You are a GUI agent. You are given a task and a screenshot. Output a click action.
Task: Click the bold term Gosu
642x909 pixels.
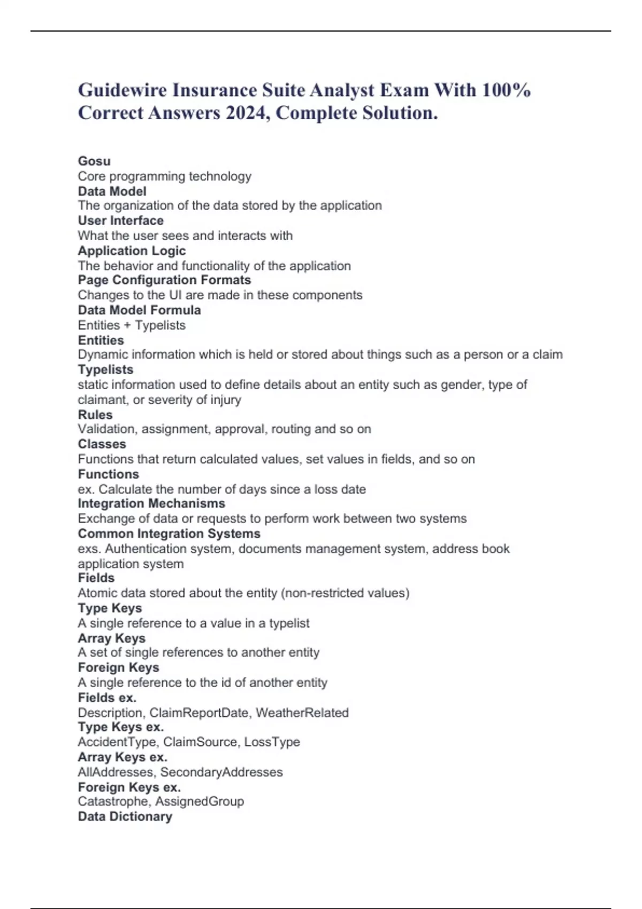[94, 161]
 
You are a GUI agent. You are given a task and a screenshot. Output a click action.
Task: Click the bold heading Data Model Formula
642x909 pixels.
[139, 310]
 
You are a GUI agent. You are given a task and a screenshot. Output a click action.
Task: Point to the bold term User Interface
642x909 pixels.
[120, 220]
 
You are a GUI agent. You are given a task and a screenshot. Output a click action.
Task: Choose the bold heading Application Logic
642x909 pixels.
[132, 251]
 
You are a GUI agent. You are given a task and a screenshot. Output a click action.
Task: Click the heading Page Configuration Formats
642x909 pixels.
[164, 280]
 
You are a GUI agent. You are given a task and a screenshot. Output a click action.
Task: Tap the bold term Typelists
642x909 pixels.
[105, 369]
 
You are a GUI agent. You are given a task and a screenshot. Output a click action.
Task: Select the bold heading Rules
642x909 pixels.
[95, 414]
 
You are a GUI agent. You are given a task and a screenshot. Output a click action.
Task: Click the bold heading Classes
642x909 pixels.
[102, 444]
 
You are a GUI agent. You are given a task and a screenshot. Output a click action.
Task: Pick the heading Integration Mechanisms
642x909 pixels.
[151, 503]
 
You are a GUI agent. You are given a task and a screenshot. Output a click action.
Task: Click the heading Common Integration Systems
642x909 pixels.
[169, 534]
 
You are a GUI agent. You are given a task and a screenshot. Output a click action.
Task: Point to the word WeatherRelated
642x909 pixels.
[302, 713]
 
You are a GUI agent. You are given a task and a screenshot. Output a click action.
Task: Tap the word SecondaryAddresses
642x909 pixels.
[221, 772]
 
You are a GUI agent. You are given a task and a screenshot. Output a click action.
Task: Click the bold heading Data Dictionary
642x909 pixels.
[125, 816]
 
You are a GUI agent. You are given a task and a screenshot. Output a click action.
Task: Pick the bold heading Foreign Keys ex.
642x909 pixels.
[129, 787]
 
